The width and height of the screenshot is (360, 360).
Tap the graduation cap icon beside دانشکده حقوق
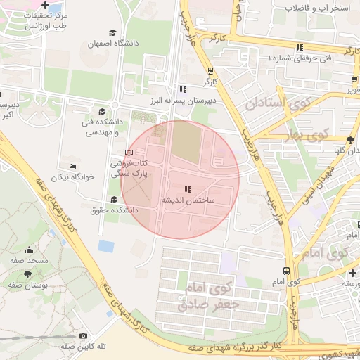[x=114, y=199]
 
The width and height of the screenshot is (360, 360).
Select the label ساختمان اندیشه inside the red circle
[x=187, y=200]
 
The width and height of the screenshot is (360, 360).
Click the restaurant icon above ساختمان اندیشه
[x=187, y=189]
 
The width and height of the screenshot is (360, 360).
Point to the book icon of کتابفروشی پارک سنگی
[x=128, y=153]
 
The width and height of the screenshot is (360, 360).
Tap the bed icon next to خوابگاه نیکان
[x=72, y=165]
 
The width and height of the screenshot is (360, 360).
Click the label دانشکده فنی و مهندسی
[x=103, y=127]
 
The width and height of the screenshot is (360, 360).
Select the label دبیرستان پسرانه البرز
[x=182, y=101]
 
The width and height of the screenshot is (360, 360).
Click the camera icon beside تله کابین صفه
[x=84, y=336]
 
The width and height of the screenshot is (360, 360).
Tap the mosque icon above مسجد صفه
[x=29, y=250]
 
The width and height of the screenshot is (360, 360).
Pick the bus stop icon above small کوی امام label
[x=286, y=271]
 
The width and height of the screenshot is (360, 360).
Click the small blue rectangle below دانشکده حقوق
[x=106, y=246]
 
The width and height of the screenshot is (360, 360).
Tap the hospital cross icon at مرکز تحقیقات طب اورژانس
[x=46, y=5]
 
